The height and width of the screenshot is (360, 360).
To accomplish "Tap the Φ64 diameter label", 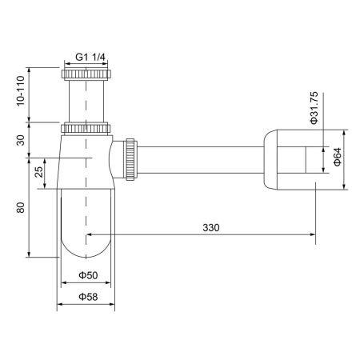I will (x=338, y=157).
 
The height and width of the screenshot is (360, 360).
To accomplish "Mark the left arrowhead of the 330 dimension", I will (x=89, y=235).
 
